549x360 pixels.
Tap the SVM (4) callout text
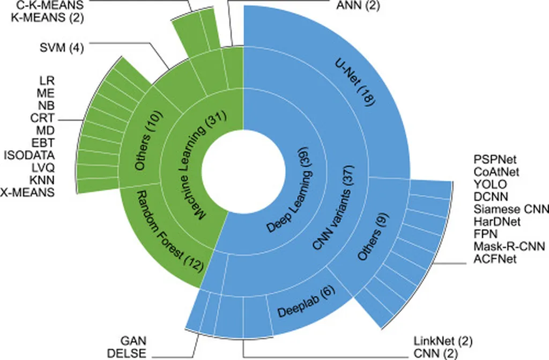tap(62, 47)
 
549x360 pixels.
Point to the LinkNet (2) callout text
tap(443, 341)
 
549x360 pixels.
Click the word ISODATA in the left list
tap(29, 156)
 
